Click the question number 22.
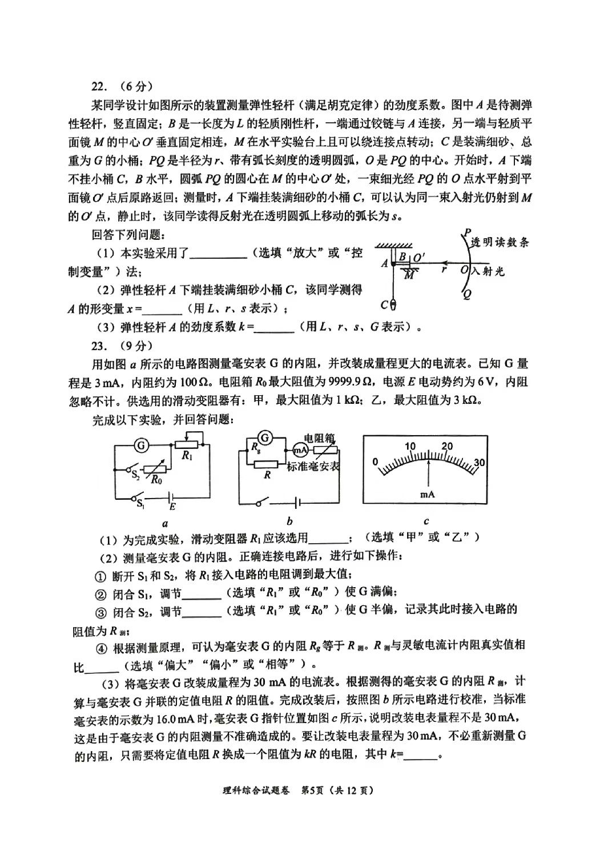(x=99, y=87)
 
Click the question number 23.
(x=99, y=345)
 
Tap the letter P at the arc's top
(x=467, y=232)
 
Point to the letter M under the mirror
(x=409, y=275)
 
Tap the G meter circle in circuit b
(x=264, y=438)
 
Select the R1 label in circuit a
(x=186, y=456)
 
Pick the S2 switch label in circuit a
(x=135, y=475)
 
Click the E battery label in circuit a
(x=172, y=506)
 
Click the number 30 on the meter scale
(x=480, y=462)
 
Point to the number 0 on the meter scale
(x=375, y=461)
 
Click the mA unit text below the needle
(x=427, y=495)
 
